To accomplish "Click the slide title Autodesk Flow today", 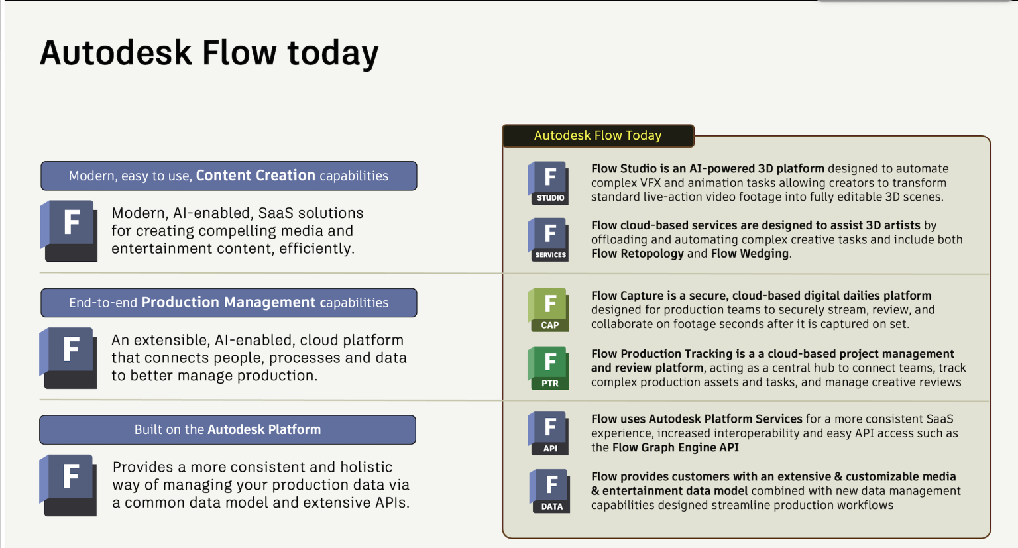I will [209, 53].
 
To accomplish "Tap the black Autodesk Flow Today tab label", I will [598, 135].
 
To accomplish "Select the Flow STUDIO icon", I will [549, 182].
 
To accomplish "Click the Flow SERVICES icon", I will [549, 239].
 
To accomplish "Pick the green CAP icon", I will [549, 309].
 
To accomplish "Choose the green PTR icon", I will [549, 368].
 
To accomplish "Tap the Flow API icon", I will [549, 433].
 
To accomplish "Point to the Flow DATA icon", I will [550, 491].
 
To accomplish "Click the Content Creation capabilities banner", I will [229, 176].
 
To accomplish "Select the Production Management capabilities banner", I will [229, 303].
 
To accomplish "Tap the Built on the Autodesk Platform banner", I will [227, 429].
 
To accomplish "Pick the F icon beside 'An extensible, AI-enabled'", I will [70, 357].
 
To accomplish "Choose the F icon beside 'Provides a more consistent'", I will [70, 484].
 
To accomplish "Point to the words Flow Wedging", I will [750, 254].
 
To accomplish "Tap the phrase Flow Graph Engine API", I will [675, 447].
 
